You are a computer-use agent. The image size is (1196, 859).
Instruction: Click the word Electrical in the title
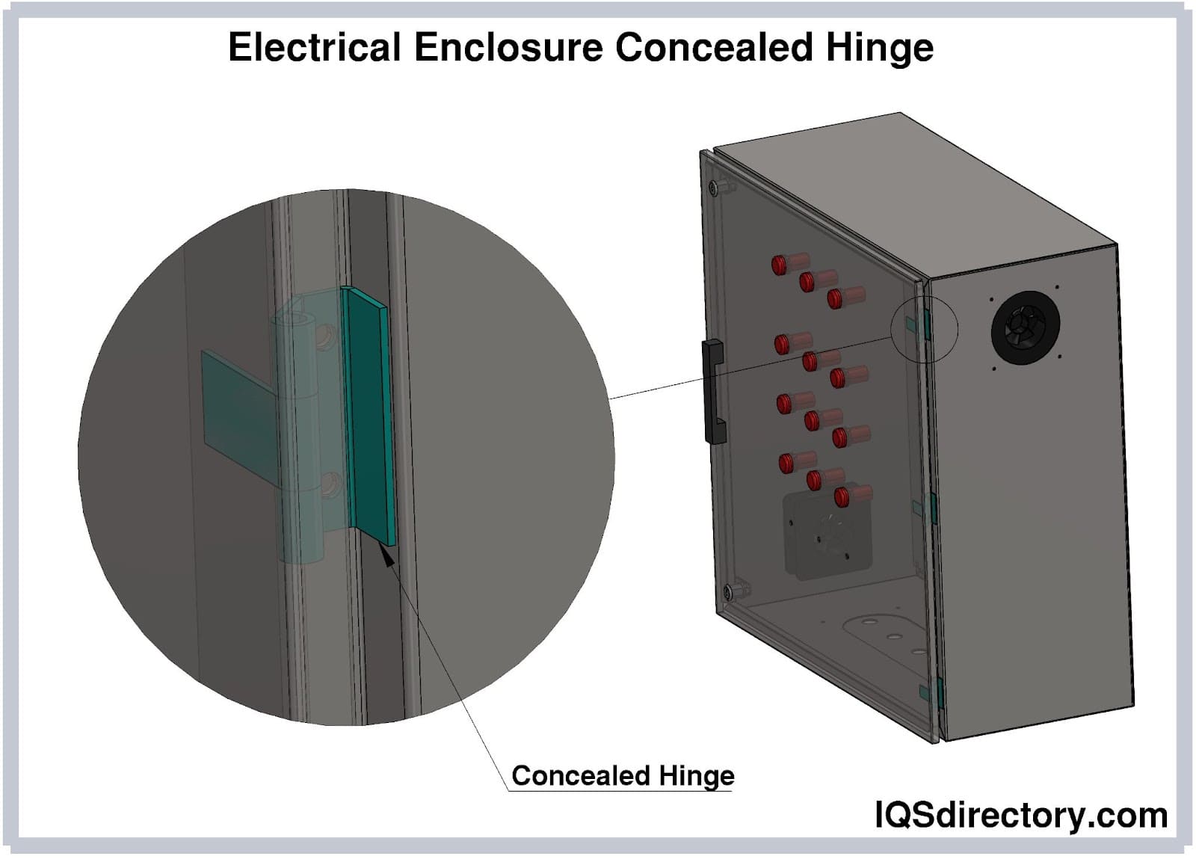coord(315,47)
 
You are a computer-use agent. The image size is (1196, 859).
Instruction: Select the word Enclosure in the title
coord(508,47)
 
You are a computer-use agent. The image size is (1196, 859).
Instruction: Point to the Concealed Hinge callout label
coord(622,775)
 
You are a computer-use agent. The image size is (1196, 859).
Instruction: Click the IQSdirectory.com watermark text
coord(1020,815)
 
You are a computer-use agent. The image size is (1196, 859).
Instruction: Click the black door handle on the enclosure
coord(715,392)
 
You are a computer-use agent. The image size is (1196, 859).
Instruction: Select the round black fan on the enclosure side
coord(1025,327)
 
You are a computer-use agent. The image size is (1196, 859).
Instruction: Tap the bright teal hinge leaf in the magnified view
coord(369,416)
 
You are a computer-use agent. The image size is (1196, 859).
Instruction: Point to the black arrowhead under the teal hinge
coord(387,555)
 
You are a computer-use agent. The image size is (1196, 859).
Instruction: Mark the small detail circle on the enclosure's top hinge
coord(924,327)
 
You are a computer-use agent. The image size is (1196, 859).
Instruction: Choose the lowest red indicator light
coord(843,495)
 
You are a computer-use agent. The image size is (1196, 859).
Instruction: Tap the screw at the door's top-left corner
coord(714,185)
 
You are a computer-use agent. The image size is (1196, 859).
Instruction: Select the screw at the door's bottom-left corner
coord(727,592)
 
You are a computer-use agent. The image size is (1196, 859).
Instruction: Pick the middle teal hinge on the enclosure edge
coord(931,508)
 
